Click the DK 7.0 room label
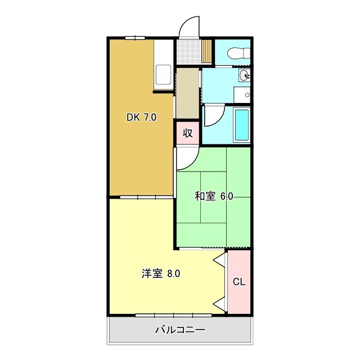point(141,118)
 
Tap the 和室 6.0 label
point(214,196)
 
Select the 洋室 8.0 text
point(161,274)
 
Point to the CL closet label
point(239,282)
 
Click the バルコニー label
point(180,330)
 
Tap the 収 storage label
point(188,133)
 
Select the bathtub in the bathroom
point(241,124)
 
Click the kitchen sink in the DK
point(164,75)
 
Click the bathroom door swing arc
point(214,115)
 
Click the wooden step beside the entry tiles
point(207,52)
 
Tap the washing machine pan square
point(243,95)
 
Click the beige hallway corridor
point(187,93)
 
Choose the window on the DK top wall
point(134,38)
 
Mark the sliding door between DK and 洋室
point(146,197)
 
